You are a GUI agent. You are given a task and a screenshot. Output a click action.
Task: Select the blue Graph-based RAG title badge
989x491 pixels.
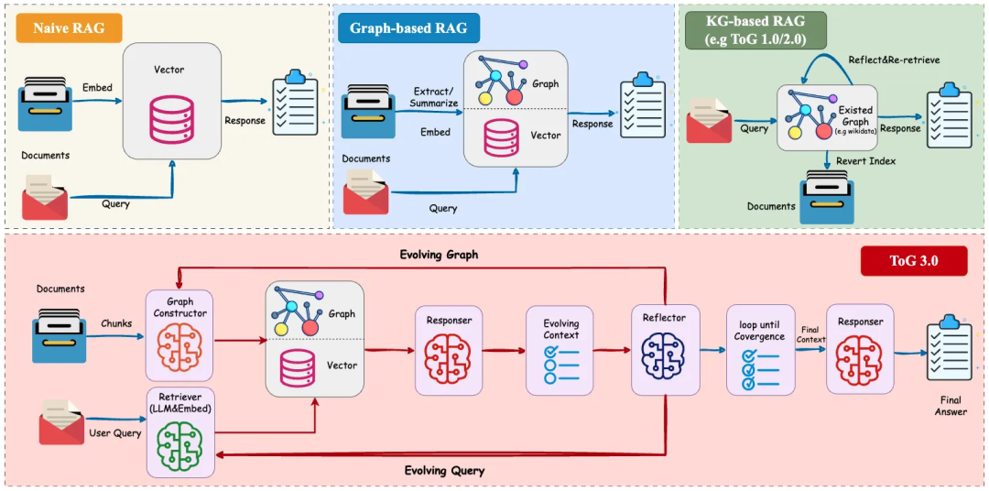tap(408, 28)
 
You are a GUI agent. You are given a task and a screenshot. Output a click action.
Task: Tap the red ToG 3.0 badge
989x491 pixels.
tap(913, 261)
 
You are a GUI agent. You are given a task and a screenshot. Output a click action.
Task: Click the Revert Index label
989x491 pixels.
tap(866, 161)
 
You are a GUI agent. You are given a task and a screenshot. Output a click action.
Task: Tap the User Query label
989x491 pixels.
tap(114, 433)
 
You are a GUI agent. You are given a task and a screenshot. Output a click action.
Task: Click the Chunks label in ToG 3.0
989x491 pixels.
tap(116, 324)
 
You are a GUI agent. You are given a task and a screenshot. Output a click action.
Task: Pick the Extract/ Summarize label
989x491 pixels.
tap(436, 97)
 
